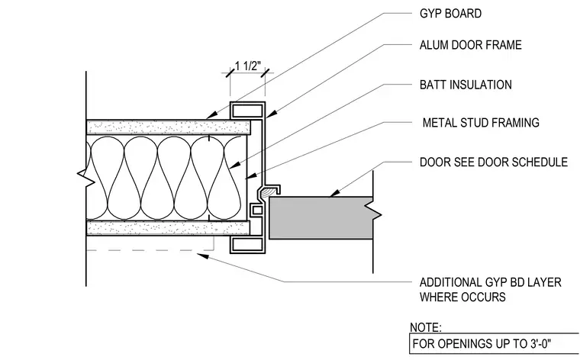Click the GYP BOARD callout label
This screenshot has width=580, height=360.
coord(450,14)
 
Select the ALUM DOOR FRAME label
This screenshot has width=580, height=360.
coord(471,45)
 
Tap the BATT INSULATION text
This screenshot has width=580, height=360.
coord(466,85)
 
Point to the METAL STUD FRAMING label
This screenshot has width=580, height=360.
coord(481,123)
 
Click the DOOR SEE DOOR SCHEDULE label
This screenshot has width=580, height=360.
coord(494,162)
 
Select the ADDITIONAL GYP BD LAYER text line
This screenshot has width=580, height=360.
coord(491,283)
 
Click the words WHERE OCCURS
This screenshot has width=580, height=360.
coord(462,297)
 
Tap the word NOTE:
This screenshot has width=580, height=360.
coord(426,328)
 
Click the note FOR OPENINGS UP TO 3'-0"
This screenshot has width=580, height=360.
coord(482,344)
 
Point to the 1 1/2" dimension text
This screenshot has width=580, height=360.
coord(248,66)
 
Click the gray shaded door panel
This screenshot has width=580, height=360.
coord(321,218)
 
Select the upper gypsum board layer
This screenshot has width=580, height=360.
coord(169,127)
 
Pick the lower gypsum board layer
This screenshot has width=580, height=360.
coord(168,228)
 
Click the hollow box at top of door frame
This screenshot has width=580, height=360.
coord(247,110)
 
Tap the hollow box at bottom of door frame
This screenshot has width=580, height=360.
coord(247,245)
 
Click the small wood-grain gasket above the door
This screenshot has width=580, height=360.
coord(269,191)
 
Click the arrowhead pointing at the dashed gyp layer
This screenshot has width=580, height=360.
coord(202,256)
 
